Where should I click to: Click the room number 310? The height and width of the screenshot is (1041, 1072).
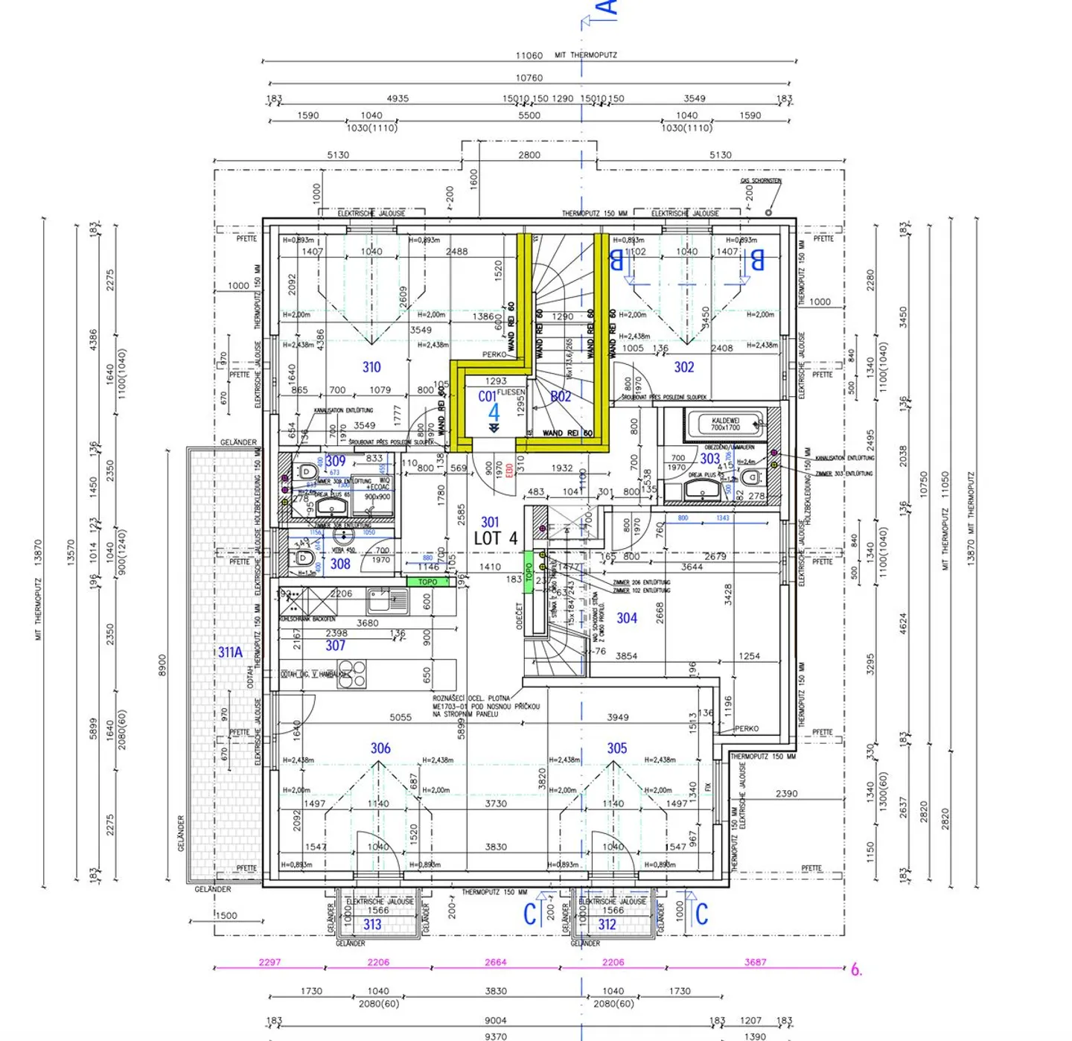pos(371,367)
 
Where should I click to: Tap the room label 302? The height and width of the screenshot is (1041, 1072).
pos(684,367)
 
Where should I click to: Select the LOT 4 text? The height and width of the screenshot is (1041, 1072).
pos(495,538)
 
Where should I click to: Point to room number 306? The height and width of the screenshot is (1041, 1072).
pos(380,748)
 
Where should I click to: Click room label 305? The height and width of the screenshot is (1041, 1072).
pos(616,748)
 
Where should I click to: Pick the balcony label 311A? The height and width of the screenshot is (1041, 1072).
pos(230,652)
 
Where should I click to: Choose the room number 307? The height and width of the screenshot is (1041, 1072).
pos(336,646)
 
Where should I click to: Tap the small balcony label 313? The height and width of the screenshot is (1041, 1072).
pos(372,924)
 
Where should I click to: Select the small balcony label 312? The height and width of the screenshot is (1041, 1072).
pos(607,924)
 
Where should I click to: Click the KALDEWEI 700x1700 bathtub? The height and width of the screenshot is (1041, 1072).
pos(725,424)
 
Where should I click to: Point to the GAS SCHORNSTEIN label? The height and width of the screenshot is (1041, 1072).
pos(761,181)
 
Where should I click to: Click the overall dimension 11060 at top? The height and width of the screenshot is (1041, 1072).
pos(529,56)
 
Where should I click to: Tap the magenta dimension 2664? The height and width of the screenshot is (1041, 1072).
pos(496,962)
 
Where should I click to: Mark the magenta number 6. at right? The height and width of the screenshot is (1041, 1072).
pos(857,970)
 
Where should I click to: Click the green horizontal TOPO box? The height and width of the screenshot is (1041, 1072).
pos(428,582)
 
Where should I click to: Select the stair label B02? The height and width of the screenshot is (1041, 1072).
pos(561,397)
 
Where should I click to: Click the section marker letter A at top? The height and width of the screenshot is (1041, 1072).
pos(607,7)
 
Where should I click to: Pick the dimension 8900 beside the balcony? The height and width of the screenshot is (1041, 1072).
pos(162,666)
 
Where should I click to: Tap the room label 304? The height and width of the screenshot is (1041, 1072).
pos(627,618)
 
